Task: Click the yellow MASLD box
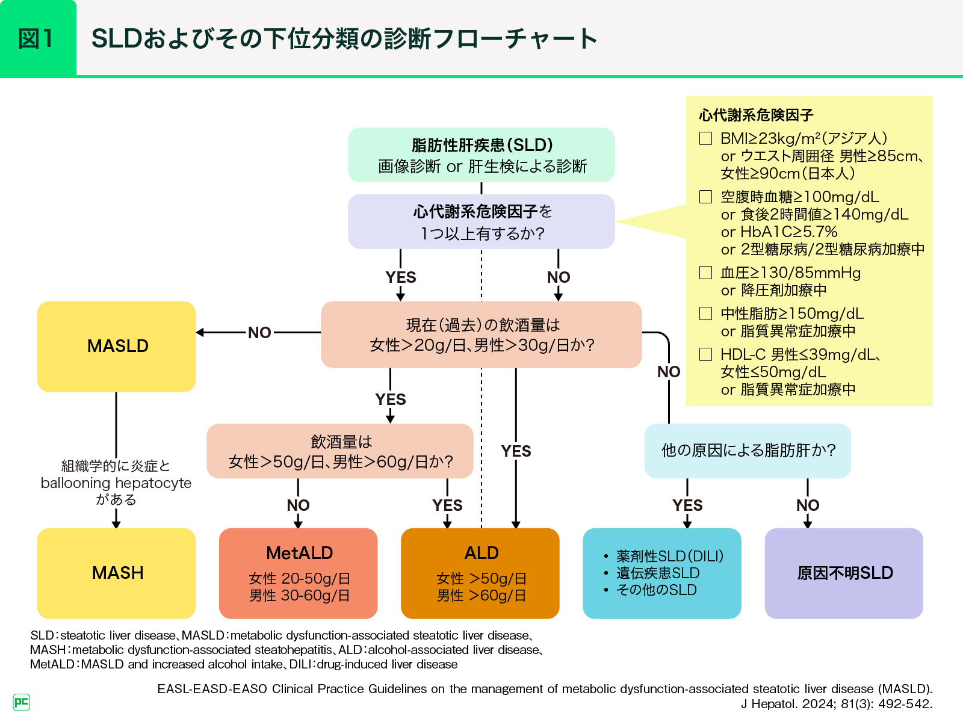[x=116, y=347]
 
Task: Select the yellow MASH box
[x=116, y=573]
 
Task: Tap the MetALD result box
[x=299, y=573]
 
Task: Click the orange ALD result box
[x=480, y=573]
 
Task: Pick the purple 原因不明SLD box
[x=844, y=573]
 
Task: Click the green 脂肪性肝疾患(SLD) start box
[x=482, y=155]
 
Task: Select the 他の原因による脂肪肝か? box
[x=748, y=451]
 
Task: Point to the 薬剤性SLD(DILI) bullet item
[x=669, y=556]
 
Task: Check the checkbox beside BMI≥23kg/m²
[x=706, y=138]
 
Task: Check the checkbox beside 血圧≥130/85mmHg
[x=706, y=273]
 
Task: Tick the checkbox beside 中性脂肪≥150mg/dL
[x=706, y=313]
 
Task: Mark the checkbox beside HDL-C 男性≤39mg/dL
[x=706, y=354]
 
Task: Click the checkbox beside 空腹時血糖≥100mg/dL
[x=706, y=197]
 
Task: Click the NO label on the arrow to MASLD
[x=259, y=333]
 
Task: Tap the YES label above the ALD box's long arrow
[x=516, y=451]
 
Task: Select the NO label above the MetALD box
[x=298, y=505]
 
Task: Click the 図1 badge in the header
[x=37, y=39]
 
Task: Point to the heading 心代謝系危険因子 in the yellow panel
[x=756, y=115]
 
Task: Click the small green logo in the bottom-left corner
[x=21, y=702]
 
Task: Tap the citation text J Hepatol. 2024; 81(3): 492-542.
[x=836, y=704]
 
